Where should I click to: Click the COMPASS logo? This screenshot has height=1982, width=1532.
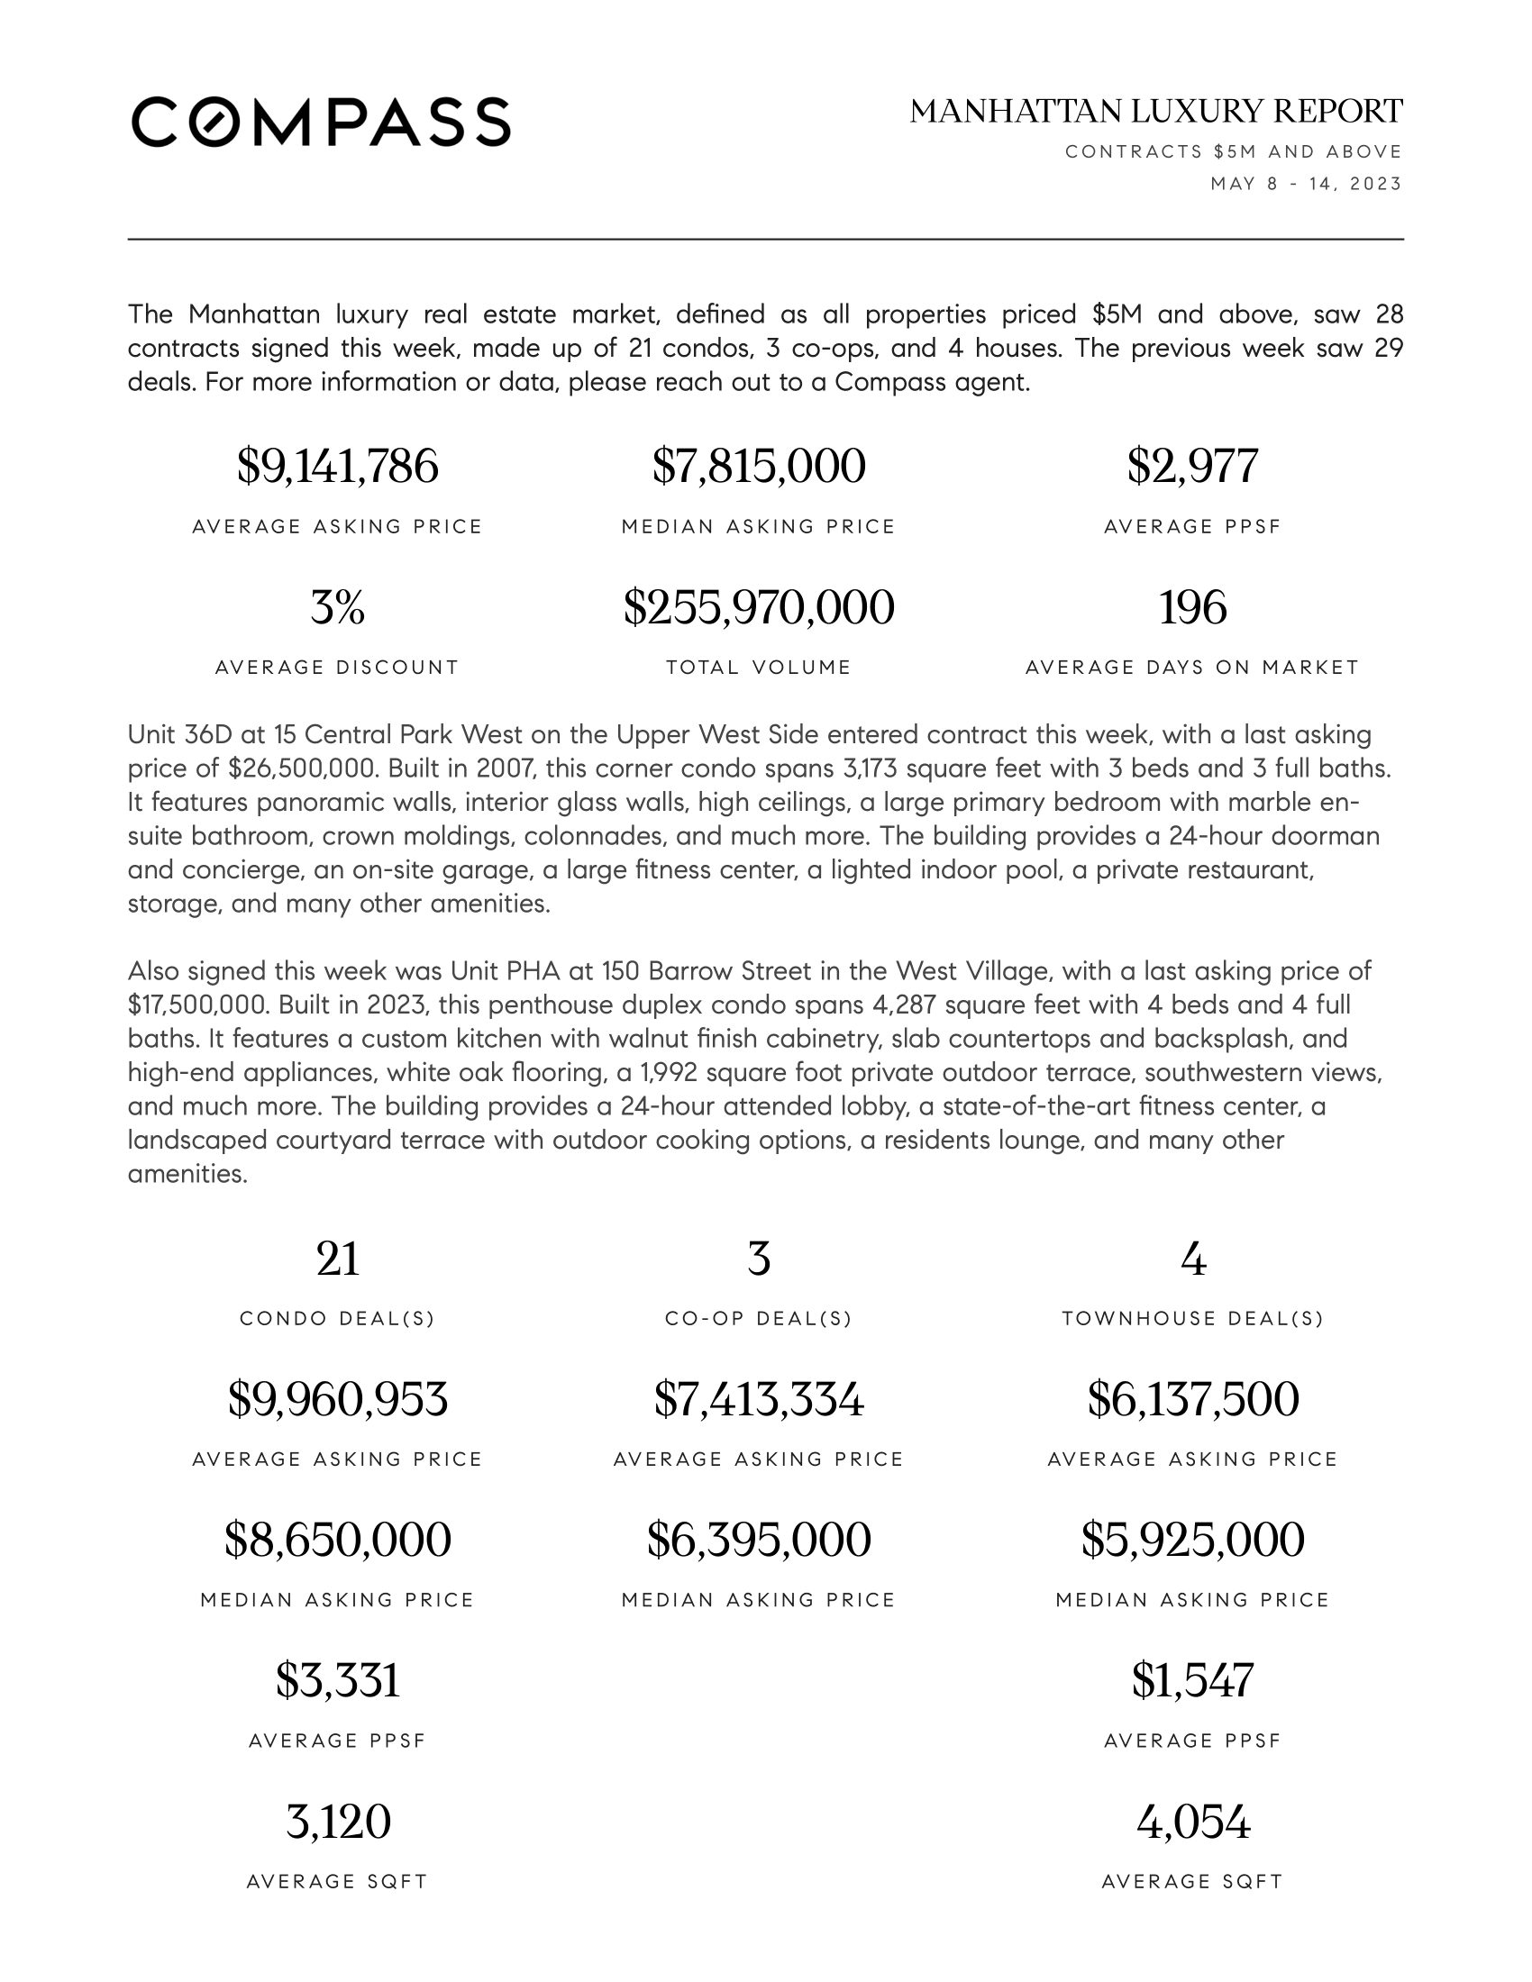pyautogui.click(x=321, y=122)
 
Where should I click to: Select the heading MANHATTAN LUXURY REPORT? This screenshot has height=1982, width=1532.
pyautogui.click(x=1155, y=112)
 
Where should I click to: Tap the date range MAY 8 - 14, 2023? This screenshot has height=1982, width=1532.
pyautogui.click(x=1306, y=184)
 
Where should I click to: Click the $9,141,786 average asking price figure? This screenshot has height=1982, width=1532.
pyautogui.click(x=338, y=467)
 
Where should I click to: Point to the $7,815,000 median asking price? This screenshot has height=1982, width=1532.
pyautogui.click(x=759, y=467)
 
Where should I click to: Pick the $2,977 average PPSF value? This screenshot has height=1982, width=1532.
pyautogui.click(x=1192, y=467)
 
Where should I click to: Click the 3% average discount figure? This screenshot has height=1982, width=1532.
pyautogui.click(x=338, y=607)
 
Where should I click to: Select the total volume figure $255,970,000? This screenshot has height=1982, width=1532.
pyautogui.click(x=759, y=607)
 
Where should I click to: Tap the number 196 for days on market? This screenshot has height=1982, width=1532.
pyautogui.click(x=1192, y=607)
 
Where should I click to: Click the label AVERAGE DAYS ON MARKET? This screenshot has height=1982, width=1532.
pyautogui.click(x=1192, y=668)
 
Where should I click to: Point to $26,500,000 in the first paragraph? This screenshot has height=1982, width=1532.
pyautogui.click(x=302, y=769)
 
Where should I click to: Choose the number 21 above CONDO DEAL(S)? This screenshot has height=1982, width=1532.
pyautogui.click(x=338, y=1259)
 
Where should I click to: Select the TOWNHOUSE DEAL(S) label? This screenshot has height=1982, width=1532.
pyautogui.click(x=1192, y=1319)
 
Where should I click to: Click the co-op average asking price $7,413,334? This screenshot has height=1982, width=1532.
pyautogui.click(x=759, y=1399)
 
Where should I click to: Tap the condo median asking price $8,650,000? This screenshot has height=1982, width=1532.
pyautogui.click(x=338, y=1540)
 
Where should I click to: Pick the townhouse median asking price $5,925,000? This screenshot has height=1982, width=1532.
pyautogui.click(x=1192, y=1540)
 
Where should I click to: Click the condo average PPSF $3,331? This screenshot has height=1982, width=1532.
pyautogui.click(x=338, y=1681)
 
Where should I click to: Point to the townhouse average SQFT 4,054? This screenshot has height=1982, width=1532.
pyautogui.click(x=1192, y=1822)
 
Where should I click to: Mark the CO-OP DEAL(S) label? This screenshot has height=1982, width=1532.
pyautogui.click(x=759, y=1319)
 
